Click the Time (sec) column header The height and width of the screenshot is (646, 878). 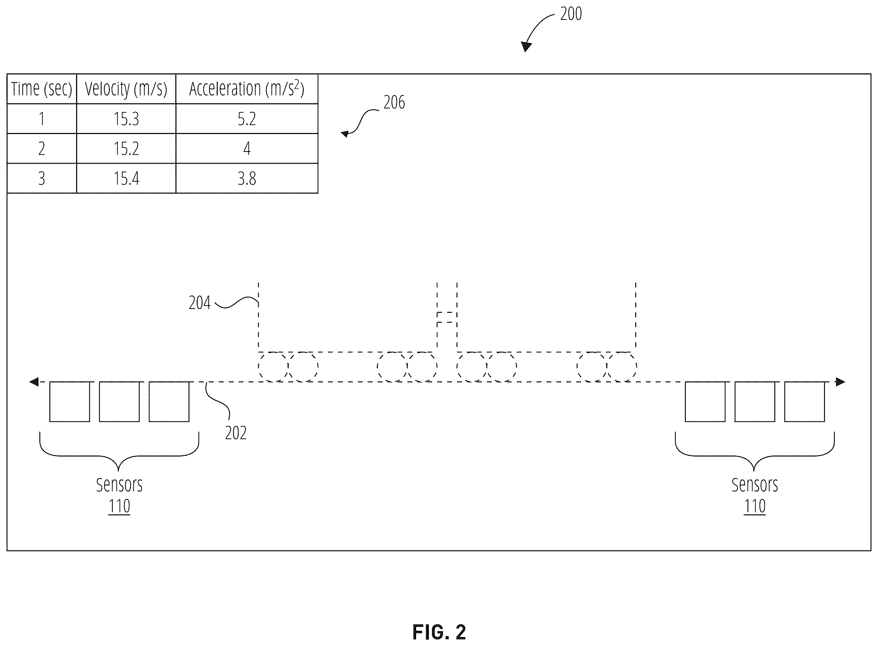click(41, 89)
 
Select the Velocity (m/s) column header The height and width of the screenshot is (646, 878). click(126, 89)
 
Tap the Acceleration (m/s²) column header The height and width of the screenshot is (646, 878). click(247, 89)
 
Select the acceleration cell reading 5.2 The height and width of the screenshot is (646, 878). click(247, 119)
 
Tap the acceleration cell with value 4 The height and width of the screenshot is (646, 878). click(247, 148)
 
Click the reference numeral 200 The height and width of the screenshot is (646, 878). click(571, 14)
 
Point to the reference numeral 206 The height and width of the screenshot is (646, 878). click(394, 102)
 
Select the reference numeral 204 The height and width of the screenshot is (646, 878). click(199, 303)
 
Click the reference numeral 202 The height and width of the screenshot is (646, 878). click(236, 433)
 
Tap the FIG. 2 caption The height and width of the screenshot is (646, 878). click(439, 632)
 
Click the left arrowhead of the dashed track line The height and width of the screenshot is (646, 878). click(34, 382)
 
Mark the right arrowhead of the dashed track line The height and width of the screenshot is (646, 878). click(840, 382)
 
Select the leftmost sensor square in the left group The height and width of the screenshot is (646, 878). click(70, 402)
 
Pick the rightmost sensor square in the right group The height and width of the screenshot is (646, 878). click(805, 402)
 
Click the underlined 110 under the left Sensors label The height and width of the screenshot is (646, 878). click(119, 506)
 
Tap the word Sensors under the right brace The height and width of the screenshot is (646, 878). click(754, 485)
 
